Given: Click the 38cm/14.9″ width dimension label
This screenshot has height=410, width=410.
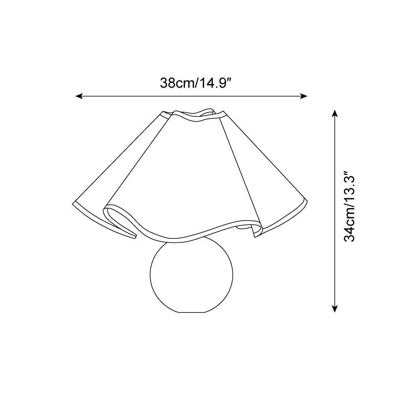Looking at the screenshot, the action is coord(196,83).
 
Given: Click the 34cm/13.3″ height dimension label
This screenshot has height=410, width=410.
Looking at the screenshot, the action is coord(350,207).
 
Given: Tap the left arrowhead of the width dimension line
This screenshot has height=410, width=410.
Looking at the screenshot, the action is coord(79,96).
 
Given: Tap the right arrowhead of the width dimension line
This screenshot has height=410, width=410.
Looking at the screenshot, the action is coord(303,96).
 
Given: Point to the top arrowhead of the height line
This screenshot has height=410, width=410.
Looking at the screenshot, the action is coord(335,114).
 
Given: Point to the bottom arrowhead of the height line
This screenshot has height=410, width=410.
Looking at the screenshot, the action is coord(335,309).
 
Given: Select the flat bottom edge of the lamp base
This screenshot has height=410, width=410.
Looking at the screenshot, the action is coord(191,312).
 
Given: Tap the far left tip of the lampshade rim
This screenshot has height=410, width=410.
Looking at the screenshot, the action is coord(73,203).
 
